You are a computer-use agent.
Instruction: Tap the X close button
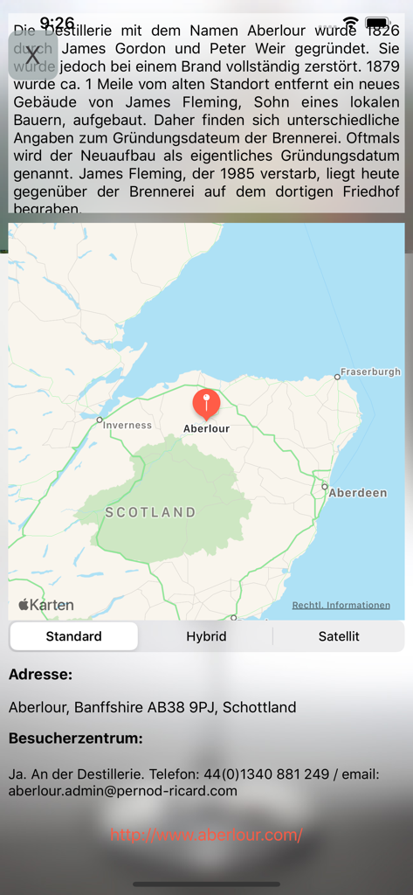33,56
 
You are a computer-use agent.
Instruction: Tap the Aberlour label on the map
207,429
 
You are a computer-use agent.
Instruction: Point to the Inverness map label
127,426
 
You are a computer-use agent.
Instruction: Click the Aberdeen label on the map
357,493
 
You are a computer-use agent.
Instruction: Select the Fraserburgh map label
370,371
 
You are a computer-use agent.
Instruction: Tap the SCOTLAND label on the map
150,512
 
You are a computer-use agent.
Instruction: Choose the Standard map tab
74,636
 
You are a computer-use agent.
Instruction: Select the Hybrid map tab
206,636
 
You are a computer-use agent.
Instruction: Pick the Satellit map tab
339,636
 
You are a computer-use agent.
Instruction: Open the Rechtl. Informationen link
341,605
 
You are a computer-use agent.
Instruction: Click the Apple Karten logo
46,605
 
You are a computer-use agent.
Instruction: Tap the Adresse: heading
40,674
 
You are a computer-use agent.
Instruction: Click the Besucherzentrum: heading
75,739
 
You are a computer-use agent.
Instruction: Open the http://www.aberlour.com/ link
207,836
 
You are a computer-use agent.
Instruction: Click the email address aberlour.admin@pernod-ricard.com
123,791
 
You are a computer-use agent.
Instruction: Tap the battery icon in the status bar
378,23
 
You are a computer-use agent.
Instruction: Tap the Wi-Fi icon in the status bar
350,23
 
